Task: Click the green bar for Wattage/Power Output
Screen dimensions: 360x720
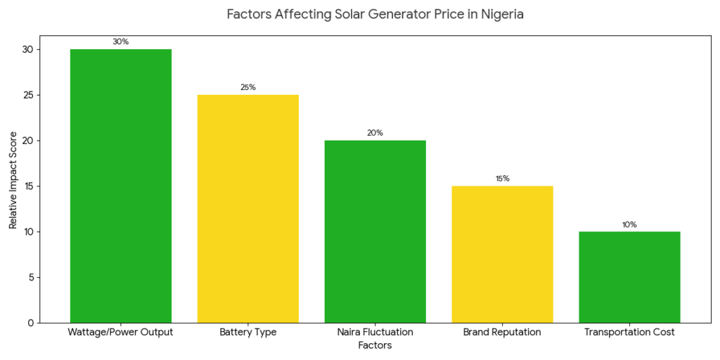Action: pos(121,186)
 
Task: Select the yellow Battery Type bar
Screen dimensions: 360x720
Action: pos(248,208)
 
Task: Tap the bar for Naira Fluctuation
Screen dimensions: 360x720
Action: pos(375,231)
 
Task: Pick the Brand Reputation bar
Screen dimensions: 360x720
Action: pos(502,254)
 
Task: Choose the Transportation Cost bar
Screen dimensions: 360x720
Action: pos(629,277)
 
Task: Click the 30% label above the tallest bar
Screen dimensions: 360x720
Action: pos(121,42)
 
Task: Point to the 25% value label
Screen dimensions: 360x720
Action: pos(248,88)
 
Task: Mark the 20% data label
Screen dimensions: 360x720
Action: pos(375,134)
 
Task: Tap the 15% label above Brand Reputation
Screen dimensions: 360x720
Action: pos(502,179)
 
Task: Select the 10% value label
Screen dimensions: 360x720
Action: pos(629,225)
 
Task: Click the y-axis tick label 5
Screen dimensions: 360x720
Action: pos(30,278)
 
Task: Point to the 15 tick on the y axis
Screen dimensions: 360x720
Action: pos(27,186)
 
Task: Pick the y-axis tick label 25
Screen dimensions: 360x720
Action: pos(27,95)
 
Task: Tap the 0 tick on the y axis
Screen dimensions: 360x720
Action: pos(30,323)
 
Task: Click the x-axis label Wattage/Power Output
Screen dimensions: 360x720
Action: pos(121,333)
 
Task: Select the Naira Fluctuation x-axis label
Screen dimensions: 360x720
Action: pos(375,333)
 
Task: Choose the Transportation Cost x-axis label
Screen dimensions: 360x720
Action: pos(629,333)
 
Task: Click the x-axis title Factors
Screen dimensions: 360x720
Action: pos(375,346)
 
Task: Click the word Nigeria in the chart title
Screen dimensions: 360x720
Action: pos(499,14)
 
